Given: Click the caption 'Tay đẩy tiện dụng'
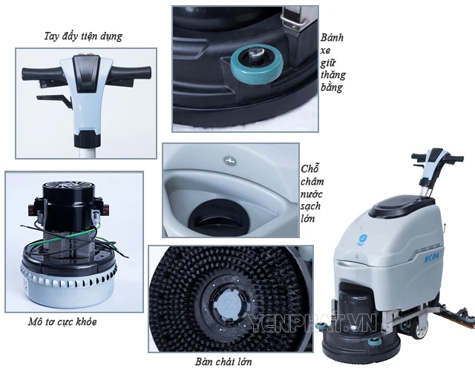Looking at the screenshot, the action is [83, 36].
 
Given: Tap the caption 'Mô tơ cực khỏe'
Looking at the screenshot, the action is [62, 321].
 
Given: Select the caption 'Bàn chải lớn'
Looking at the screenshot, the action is [223, 361].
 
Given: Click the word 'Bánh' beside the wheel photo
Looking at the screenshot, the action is [332, 38].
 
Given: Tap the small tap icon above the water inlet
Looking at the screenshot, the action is [228, 160].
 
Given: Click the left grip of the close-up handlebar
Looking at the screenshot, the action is [41, 74].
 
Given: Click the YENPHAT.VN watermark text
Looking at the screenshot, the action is [312, 323].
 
